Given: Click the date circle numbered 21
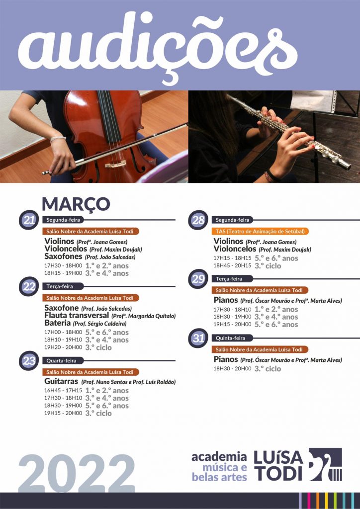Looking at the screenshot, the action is (x=29, y=220).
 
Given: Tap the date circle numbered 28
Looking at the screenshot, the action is (x=198, y=220).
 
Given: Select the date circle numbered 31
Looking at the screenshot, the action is (x=198, y=338).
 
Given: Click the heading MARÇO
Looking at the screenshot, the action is (x=76, y=204).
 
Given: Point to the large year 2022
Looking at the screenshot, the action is (x=77, y=473).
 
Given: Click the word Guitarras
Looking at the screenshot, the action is (x=61, y=381).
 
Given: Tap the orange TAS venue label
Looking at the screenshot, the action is (x=260, y=232).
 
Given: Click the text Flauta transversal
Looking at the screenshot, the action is (x=77, y=315).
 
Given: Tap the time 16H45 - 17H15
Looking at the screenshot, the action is (x=63, y=391).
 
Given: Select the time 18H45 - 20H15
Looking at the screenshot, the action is (x=232, y=265).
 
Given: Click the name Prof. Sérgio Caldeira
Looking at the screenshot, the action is (x=99, y=324).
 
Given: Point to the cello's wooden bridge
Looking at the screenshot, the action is (x=115, y=164).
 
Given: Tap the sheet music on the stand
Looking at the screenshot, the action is (x=313, y=101).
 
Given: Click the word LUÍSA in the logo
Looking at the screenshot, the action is (x=278, y=457).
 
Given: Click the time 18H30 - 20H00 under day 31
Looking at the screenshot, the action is (x=232, y=368).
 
